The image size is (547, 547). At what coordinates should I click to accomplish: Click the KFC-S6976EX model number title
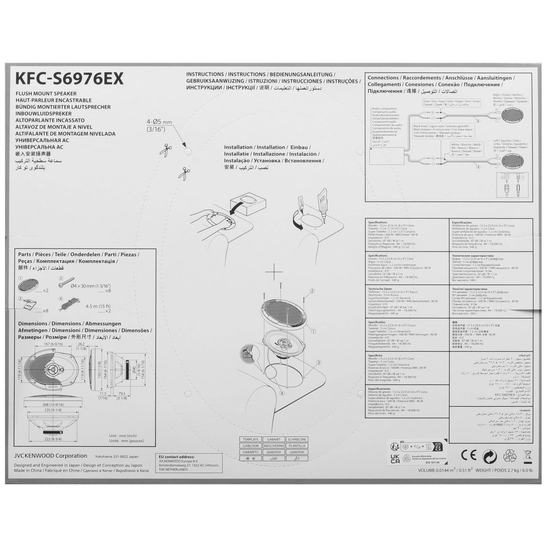click(x=70, y=79)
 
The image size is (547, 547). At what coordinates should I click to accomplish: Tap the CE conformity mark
click(x=468, y=455)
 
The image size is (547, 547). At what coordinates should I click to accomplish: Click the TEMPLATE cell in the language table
click(x=250, y=440)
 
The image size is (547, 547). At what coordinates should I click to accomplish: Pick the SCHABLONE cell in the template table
click(x=297, y=440)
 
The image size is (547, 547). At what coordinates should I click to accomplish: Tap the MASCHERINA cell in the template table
click(x=274, y=446)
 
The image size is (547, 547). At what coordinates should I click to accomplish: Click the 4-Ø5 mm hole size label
click(x=159, y=122)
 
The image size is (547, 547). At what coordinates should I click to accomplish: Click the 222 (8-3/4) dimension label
click(x=53, y=439)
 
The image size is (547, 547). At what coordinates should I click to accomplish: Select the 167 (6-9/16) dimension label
click(x=53, y=344)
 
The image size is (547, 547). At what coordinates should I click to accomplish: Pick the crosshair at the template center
click(x=274, y=272)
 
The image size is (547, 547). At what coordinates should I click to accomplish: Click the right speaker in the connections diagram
click(x=512, y=115)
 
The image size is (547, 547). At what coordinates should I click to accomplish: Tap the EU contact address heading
click(x=176, y=457)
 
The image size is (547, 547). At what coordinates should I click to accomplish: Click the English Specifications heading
click(x=377, y=223)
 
